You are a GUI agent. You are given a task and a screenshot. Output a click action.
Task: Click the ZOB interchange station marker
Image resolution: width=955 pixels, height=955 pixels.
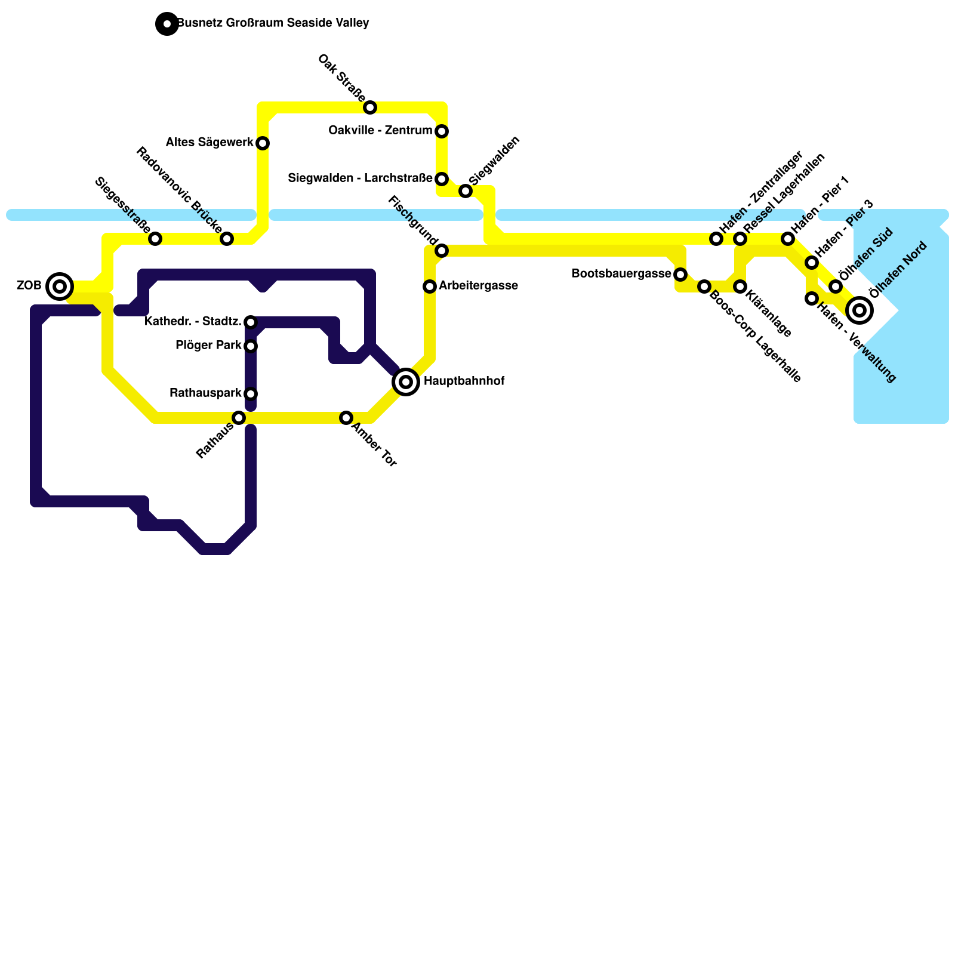coord(60,286)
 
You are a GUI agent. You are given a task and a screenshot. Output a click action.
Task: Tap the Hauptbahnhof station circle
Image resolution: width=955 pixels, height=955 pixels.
coord(406,381)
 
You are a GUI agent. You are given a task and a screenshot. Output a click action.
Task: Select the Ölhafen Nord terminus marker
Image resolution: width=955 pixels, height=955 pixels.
coord(860,310)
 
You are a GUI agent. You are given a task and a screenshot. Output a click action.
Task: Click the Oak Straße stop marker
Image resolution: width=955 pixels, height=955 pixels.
coord(370,107)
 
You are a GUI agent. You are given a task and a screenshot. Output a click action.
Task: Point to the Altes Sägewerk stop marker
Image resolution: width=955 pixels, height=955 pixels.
coord(263,143)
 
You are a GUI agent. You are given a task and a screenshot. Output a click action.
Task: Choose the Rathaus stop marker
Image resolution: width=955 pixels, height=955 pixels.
coord(239,418)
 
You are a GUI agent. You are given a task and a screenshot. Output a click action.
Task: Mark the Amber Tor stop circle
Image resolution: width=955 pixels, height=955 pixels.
coord(346,418)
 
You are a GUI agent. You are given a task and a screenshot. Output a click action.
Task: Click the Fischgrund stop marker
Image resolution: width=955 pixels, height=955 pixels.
coord(442,251)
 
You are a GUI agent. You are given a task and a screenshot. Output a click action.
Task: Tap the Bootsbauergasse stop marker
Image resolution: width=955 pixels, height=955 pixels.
coord(680,275)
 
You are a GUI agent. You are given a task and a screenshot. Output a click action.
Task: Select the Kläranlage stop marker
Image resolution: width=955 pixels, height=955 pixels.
coord(740,286)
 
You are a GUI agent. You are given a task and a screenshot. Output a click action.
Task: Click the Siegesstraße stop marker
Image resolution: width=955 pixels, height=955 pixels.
coord(155,239)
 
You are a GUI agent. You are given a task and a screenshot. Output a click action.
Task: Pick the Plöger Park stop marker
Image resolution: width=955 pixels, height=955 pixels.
coord(251,346)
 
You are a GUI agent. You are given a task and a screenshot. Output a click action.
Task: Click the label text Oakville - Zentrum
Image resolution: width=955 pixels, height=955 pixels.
coord(380,131)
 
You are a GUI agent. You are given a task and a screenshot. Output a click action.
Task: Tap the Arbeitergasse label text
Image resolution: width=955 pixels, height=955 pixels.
coord(478,286)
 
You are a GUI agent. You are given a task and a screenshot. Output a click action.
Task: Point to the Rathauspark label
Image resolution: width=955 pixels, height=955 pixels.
coord(205,393)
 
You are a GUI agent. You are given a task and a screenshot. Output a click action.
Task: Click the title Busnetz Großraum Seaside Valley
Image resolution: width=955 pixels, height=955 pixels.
coord(273,24)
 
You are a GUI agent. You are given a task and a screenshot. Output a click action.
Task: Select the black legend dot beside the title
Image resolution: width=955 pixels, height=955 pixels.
coord(167,24)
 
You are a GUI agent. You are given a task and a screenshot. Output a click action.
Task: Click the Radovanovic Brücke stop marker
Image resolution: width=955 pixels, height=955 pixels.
coord(227,239)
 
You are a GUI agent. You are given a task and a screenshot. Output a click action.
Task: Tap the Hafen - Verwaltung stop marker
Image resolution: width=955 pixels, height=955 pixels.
coord(812,298)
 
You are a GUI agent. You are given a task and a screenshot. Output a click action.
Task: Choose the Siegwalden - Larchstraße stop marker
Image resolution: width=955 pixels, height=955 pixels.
coord(442,179)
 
